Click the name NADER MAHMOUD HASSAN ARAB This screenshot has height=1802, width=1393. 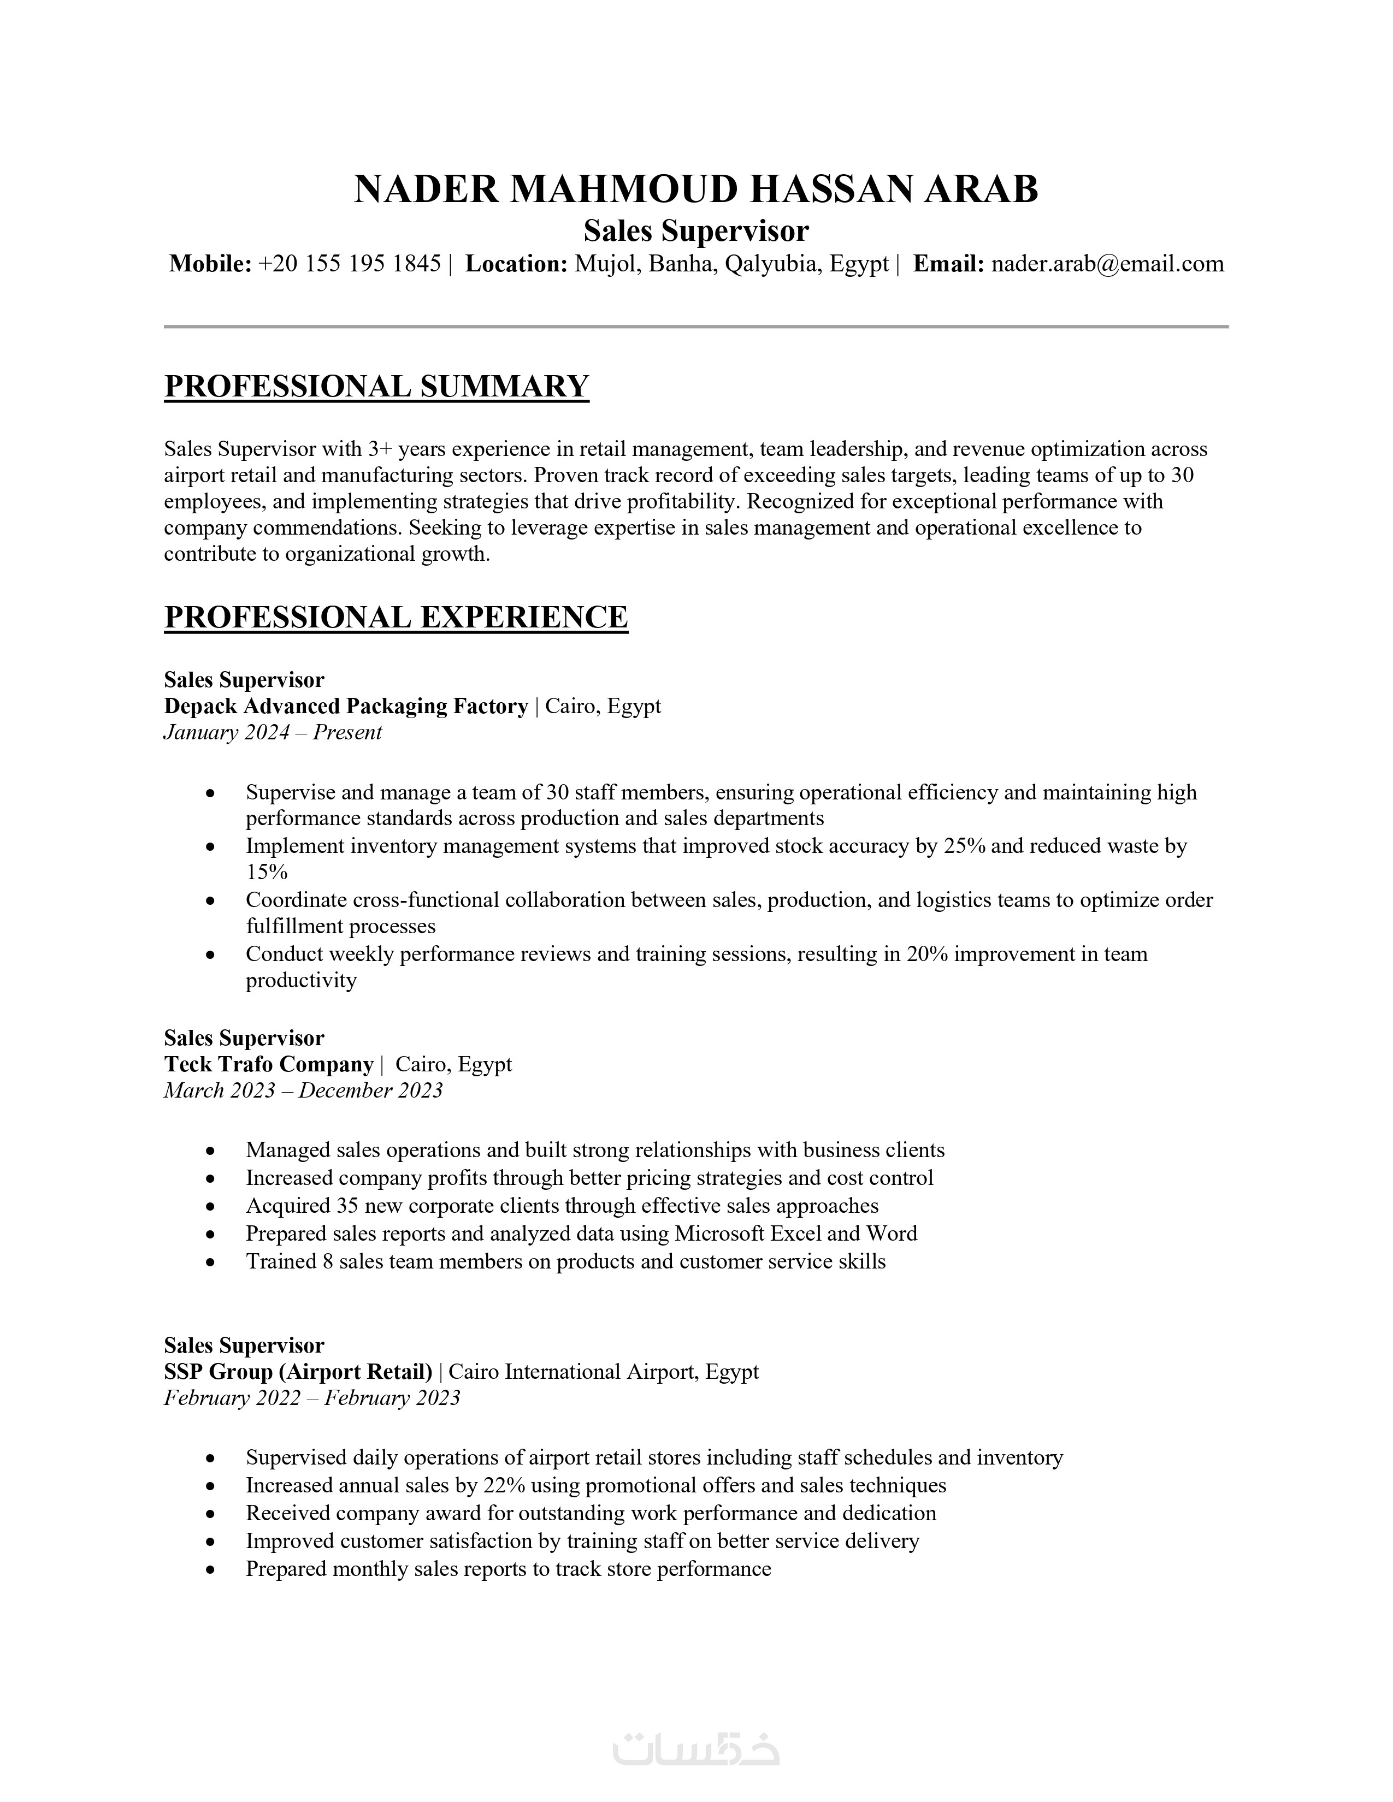(695, 190)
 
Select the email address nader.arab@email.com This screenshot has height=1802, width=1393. (1107, 264)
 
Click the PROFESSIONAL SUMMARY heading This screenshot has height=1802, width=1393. (376, 386)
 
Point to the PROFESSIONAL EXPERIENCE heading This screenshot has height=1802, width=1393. (396, 617)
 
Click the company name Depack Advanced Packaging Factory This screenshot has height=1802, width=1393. (346, 706)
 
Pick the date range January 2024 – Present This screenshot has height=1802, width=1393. (273, 733)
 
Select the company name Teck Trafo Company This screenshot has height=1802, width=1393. (268, 1064)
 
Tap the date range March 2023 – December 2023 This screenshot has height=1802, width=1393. (303, 1091)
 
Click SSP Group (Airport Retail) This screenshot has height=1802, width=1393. (298, 1372)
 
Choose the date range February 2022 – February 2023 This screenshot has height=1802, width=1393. (312, 1398)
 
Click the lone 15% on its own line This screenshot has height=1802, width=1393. (267, 872)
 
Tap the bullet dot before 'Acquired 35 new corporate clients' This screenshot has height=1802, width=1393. (211, 1207)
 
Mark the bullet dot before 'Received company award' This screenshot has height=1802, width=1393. (211, 1514)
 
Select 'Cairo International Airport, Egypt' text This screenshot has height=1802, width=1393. (603, 1372)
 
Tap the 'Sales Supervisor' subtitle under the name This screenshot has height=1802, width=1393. (695, 231)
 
